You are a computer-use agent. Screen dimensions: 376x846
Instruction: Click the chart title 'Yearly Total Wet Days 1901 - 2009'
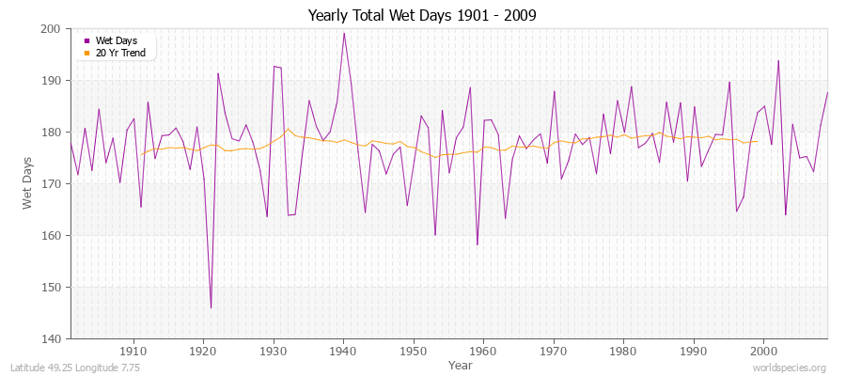click(x=422, y=16)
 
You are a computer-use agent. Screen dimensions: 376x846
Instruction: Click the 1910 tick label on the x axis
click(x=133, y=351)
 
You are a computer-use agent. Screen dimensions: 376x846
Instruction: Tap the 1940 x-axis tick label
click(x=343, y=351)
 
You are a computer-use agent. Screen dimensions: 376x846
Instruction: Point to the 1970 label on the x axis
click(x=554, y=351)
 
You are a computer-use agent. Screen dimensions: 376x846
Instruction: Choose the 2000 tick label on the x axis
click(x=763, y=351)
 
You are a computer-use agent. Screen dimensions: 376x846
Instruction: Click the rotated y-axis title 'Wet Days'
click(x=29, y=183)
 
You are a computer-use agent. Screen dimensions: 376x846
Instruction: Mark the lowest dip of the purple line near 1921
click(x=211, y=307)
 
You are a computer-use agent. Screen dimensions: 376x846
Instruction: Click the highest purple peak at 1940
click(x=343, y=33)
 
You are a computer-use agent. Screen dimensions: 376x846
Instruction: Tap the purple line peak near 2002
click(x=778, y=60)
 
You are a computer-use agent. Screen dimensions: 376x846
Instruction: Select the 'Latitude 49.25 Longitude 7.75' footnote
click(x=75, y=368)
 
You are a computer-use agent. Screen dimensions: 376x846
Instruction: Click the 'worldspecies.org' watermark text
click(x=790, y=368)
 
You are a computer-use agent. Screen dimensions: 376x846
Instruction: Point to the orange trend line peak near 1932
click(x=288, y=129)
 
